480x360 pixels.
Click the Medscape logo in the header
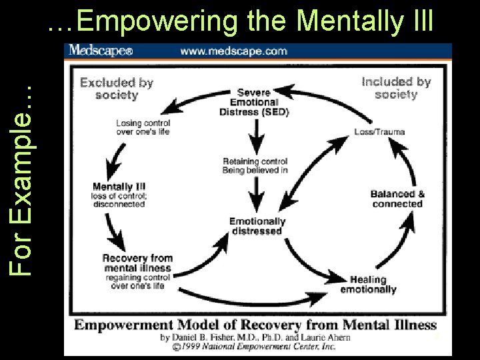[101, 51]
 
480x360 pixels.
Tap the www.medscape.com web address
[233, 51]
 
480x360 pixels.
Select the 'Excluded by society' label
[117, 89]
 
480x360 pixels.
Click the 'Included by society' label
[396, 87]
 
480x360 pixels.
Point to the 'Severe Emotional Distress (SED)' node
[254, 102]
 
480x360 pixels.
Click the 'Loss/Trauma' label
[379, 131]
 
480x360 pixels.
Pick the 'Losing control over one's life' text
[143, 127]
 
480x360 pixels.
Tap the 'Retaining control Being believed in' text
[255, 166]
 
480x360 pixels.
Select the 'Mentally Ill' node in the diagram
[119, 194]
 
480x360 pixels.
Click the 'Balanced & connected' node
[397, 199]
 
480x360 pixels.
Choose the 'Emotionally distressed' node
[257, 226]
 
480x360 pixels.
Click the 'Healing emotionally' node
[368, 285]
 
